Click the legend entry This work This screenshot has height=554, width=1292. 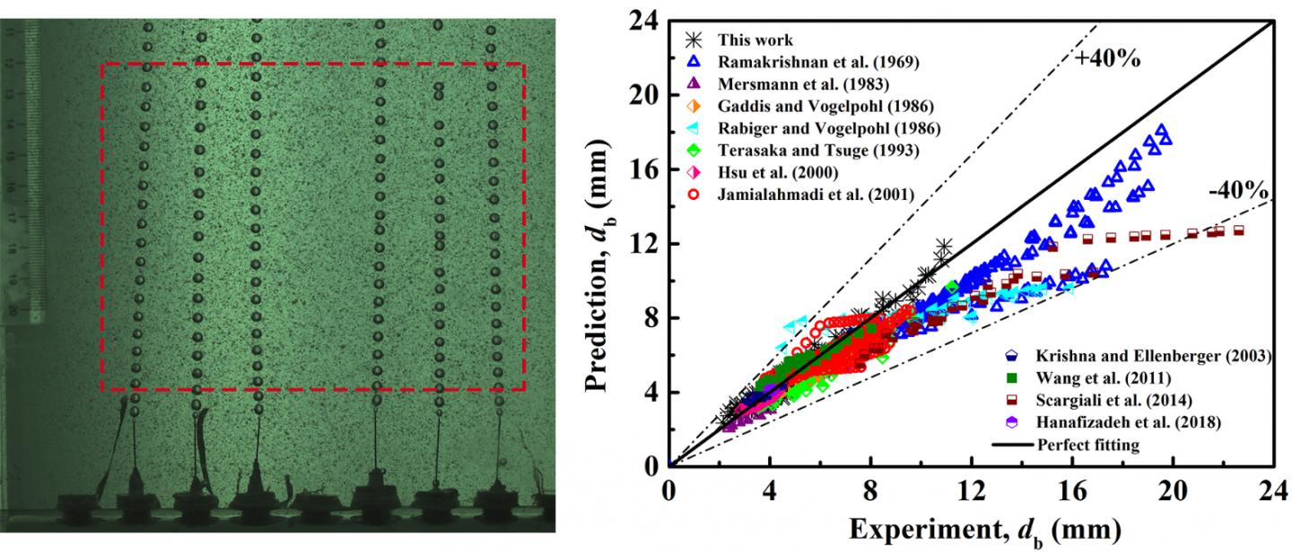click(754, 40)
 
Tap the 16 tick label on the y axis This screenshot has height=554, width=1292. click(645, 169)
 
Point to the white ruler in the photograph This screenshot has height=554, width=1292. click(35, 170)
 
